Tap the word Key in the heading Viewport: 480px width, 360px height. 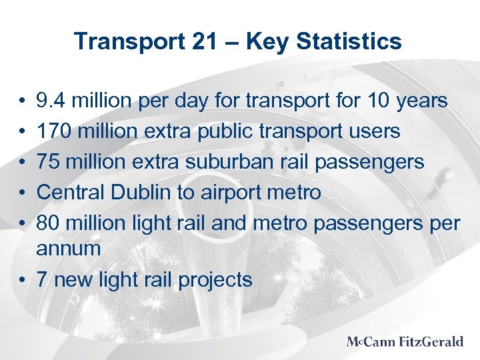(266, 42)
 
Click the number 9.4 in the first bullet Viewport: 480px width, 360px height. (51, 101)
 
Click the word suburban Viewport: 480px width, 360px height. (235, 162)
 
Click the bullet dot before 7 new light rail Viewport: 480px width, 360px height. (23, 280)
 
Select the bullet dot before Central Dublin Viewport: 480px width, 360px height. (23, 193)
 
